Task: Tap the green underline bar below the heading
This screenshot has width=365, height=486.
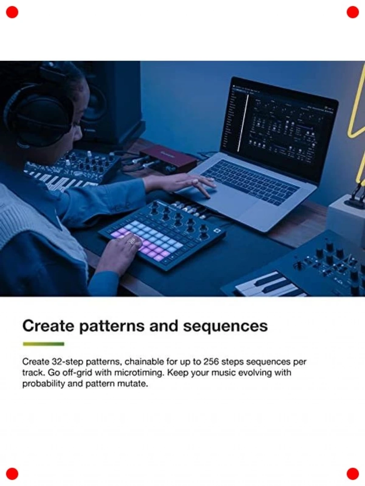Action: pyautogui.click(x=43, y=344)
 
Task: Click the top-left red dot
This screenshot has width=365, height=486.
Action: pyautogui.click(x=12, y=12)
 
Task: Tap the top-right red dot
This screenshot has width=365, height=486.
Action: pyautogui.click(x=353, y=12)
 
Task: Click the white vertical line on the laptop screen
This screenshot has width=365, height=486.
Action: pyautogui.click(x=243, y=123)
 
